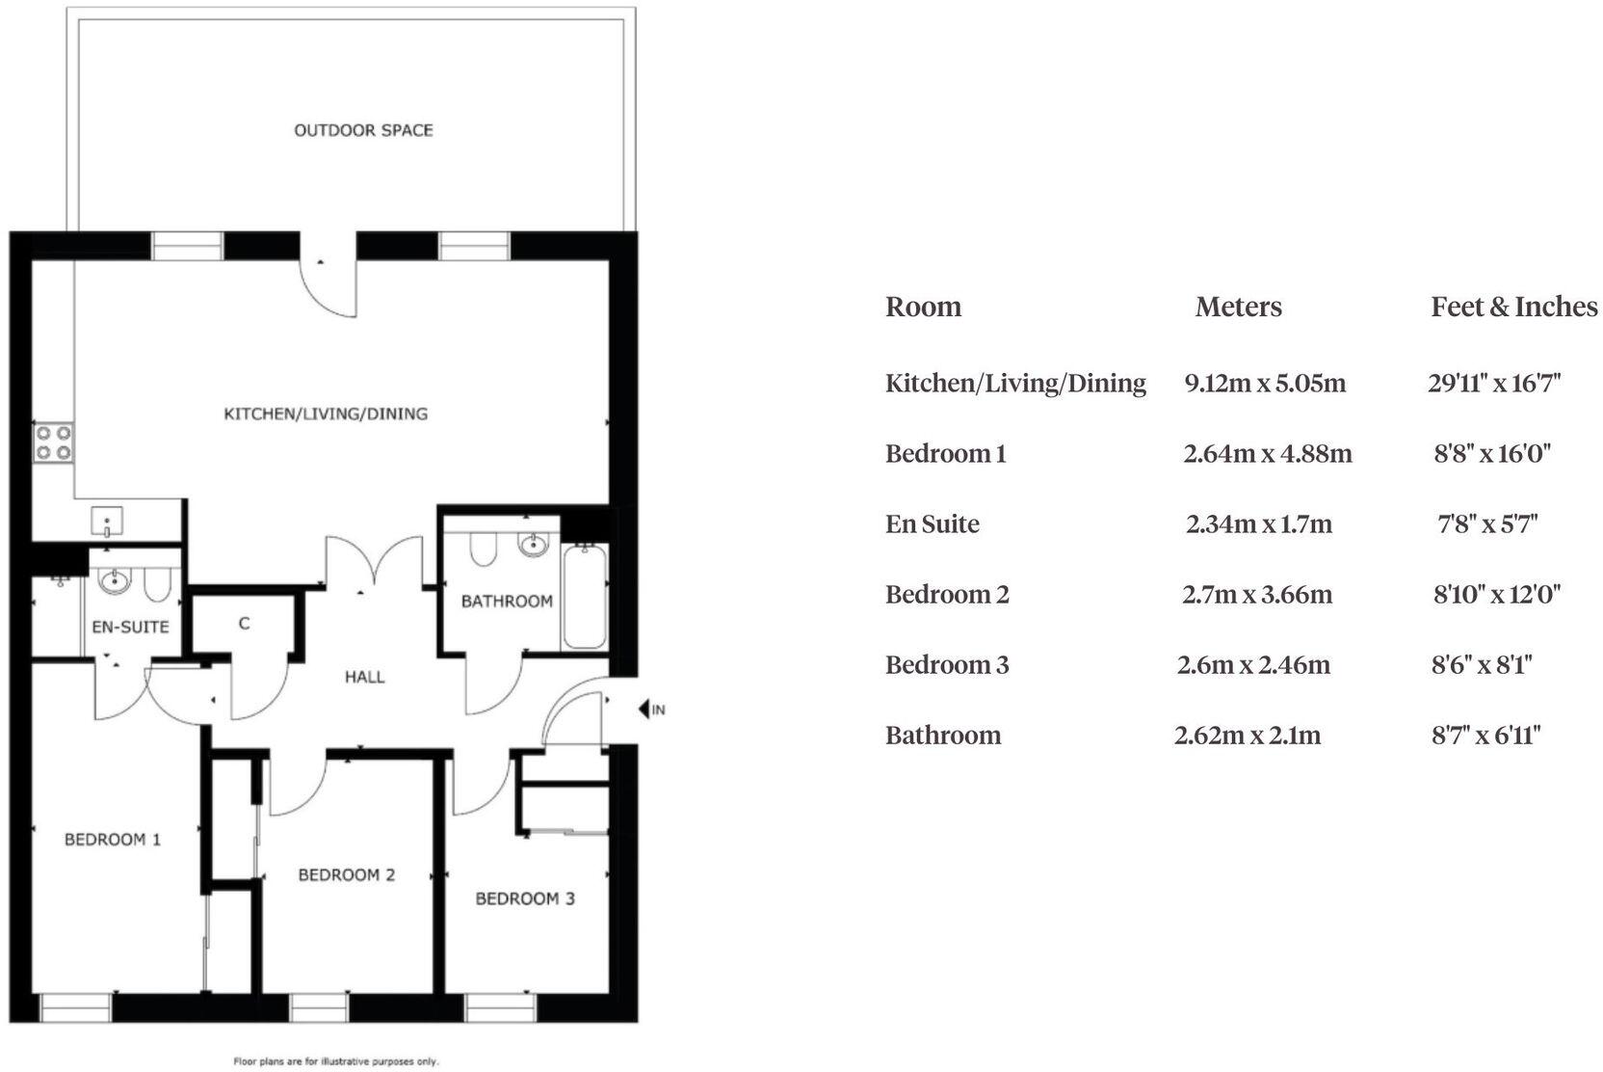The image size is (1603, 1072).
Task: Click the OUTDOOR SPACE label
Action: pos(363,130)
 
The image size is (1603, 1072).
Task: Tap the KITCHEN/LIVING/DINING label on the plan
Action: pos(326,414)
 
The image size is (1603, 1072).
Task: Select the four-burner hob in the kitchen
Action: pos(54,442)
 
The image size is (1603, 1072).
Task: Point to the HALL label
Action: pos(364,677)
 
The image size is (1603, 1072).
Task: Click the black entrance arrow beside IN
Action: pos(644,710)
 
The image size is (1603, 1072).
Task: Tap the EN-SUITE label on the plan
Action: pos(130,627)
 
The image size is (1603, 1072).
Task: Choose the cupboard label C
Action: pos(244,624)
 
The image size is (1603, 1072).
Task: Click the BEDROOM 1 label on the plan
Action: pos(112,840)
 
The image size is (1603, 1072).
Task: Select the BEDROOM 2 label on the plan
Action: pos(346,875)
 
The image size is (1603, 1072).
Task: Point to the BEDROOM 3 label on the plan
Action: pos(525,898)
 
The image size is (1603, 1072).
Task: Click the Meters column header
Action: pos(1238,307)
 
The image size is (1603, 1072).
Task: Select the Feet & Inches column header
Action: pos(1513,307)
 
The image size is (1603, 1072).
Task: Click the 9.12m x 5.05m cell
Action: pos(1264,383)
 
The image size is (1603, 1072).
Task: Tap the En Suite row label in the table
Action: pos(932,523)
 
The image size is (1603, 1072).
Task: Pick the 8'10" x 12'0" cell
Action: pos(1496,594)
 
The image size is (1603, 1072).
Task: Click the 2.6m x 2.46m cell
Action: pos(1253,664)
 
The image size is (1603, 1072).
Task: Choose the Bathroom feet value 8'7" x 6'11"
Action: pos(1486,736)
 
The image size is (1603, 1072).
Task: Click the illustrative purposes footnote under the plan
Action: pos(336,1061)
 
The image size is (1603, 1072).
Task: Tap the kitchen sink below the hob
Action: pos(107,522)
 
